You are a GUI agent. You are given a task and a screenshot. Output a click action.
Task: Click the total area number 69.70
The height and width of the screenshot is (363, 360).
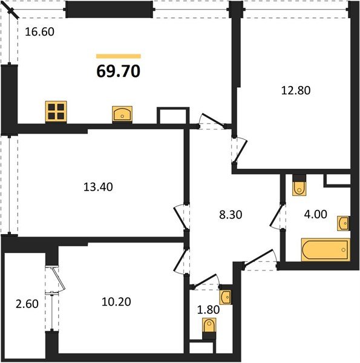(119, 71)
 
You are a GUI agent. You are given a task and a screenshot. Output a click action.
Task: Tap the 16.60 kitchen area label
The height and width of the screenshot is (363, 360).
(39, 31)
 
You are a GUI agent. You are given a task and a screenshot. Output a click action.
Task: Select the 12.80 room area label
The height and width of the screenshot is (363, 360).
(296, 90)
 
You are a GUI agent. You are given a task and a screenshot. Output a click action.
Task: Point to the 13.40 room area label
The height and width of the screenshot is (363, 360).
(98, 187)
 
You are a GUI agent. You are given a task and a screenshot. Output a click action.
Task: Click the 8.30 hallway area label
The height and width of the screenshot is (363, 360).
(231, 215)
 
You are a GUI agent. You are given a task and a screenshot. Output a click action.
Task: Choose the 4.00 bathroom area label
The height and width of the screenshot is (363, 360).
(316, 214)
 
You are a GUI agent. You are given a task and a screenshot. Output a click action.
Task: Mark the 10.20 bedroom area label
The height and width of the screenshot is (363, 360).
(116, 302)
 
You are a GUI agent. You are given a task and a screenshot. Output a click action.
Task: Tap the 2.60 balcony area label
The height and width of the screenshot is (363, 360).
(27, 304)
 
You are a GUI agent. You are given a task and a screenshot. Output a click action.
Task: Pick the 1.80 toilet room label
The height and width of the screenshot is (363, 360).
(208, 310)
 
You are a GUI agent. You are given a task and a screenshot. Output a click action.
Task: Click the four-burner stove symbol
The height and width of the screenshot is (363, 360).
(56, 111)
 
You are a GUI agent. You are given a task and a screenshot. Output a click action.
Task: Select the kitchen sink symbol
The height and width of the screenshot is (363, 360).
(122, 114)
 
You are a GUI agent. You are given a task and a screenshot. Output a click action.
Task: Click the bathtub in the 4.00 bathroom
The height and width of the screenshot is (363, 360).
(326, 250)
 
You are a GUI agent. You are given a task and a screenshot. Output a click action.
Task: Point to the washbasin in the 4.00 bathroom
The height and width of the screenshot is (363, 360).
(343, 223)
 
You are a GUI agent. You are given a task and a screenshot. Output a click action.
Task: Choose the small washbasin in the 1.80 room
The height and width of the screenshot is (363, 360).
(226, 297)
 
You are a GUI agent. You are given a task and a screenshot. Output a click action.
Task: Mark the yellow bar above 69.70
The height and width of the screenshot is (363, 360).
(119, 56)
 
